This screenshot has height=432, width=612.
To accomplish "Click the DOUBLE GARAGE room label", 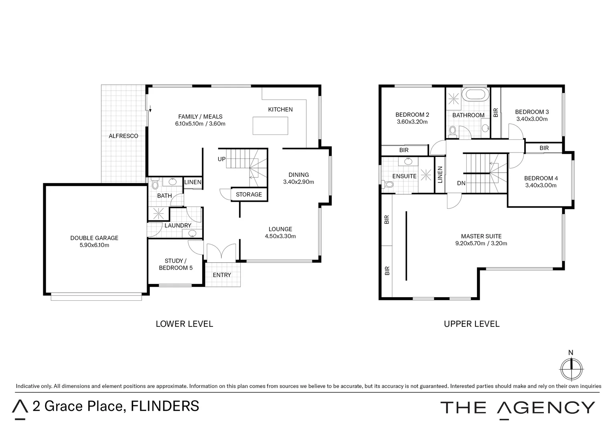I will tap(94, 238).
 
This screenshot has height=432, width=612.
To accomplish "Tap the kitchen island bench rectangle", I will tap(270, 126).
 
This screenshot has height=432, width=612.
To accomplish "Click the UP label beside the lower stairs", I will tap(221, 159).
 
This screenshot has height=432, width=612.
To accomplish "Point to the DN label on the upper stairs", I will tap(461, 183).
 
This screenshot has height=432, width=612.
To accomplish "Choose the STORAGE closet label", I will tap(249, 194).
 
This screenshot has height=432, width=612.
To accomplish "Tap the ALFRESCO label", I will tap(123, 136).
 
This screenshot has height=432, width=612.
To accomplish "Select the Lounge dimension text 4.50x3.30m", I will tap(280, 236).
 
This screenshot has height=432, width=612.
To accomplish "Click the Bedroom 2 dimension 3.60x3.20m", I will tap(412, 122).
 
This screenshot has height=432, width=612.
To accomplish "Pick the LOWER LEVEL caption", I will tap(184, 324).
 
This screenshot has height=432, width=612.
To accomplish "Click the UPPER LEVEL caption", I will tap(471, 324).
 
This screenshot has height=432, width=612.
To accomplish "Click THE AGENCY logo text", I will tap(517, 408).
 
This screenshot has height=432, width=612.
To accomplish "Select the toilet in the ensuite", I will tap(388, 184).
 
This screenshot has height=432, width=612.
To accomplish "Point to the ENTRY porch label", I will tap(222, 275).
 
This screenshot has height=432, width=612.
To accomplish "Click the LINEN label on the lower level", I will tap(193, 182).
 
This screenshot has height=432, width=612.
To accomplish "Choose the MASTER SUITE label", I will tap(481, 236).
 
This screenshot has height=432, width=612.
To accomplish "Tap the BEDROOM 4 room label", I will tap(541, 178).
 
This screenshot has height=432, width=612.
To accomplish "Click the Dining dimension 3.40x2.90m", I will tap(298, 182).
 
